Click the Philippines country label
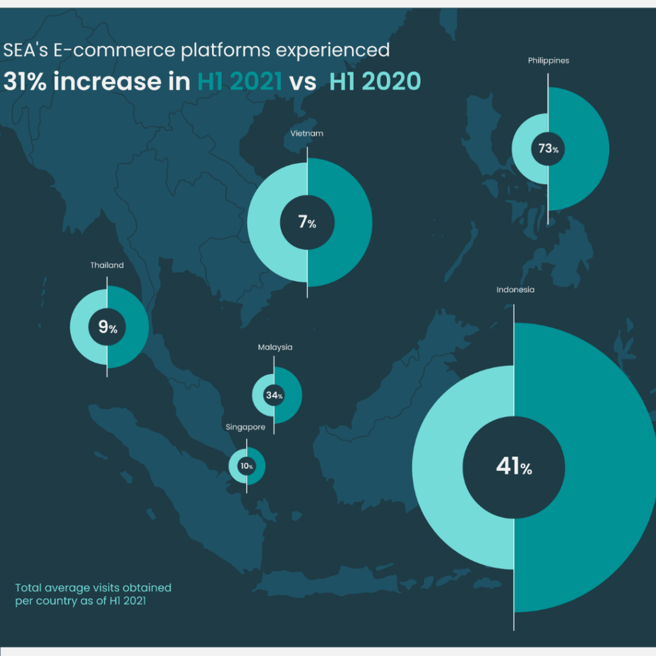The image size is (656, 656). tap(548, 61)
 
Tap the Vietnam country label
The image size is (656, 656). tap(307, 133)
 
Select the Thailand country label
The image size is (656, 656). tap(107, 265)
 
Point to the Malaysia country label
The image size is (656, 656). tap(275, 347)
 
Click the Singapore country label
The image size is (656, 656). tap(245, 427)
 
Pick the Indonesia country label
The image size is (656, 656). tap(516, 290)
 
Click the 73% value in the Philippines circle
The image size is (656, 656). tap(548, 149)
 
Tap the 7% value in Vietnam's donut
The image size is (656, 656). tap(307, 222)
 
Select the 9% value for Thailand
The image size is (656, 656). tap(108, 327)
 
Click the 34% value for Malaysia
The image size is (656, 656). tap(274, 395)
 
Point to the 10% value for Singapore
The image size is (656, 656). tap(247, 466)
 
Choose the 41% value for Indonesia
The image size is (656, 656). tap(514, 466)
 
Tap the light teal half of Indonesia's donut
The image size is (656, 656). tap(438, 468)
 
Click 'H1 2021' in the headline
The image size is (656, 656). tap(240, 81)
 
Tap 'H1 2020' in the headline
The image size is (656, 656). tap(375, 81)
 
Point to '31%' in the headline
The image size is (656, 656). tap(25, 81)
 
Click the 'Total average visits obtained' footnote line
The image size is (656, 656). tap(94, 588)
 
